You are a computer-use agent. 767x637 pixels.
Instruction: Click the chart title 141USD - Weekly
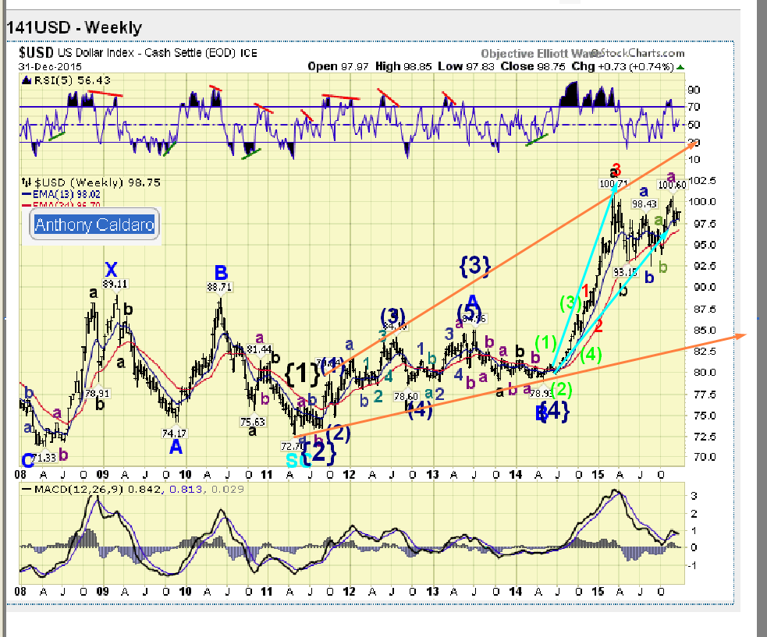(75, 28)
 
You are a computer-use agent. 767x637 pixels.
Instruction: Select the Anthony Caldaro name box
(94, 226)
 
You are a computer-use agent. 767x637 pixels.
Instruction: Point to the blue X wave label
(112, 270)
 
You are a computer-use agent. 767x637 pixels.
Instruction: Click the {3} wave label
(474, 267)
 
